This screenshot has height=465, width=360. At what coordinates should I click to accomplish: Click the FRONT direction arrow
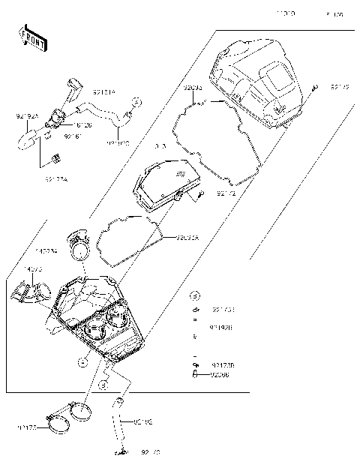tap(28, 36)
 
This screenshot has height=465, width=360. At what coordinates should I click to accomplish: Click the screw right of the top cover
tap(314, 88)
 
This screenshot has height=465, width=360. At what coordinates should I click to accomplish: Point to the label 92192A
tap(26, 116)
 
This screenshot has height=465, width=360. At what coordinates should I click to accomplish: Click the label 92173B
tap(220, 364)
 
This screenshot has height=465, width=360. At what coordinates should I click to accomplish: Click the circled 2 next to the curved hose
tap(136, 100)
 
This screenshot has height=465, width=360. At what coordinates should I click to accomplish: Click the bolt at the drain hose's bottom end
tap(118, 452)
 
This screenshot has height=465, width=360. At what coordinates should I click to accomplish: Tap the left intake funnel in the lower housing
tap(95, 328)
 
